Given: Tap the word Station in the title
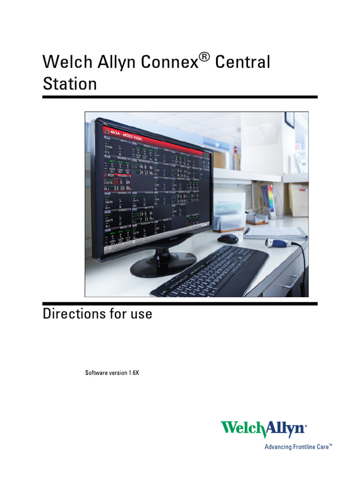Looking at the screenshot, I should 70,84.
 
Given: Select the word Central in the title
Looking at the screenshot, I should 242,63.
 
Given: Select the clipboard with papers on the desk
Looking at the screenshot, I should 274,232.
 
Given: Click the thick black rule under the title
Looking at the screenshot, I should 180,97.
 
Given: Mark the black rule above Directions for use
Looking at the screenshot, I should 180,303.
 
